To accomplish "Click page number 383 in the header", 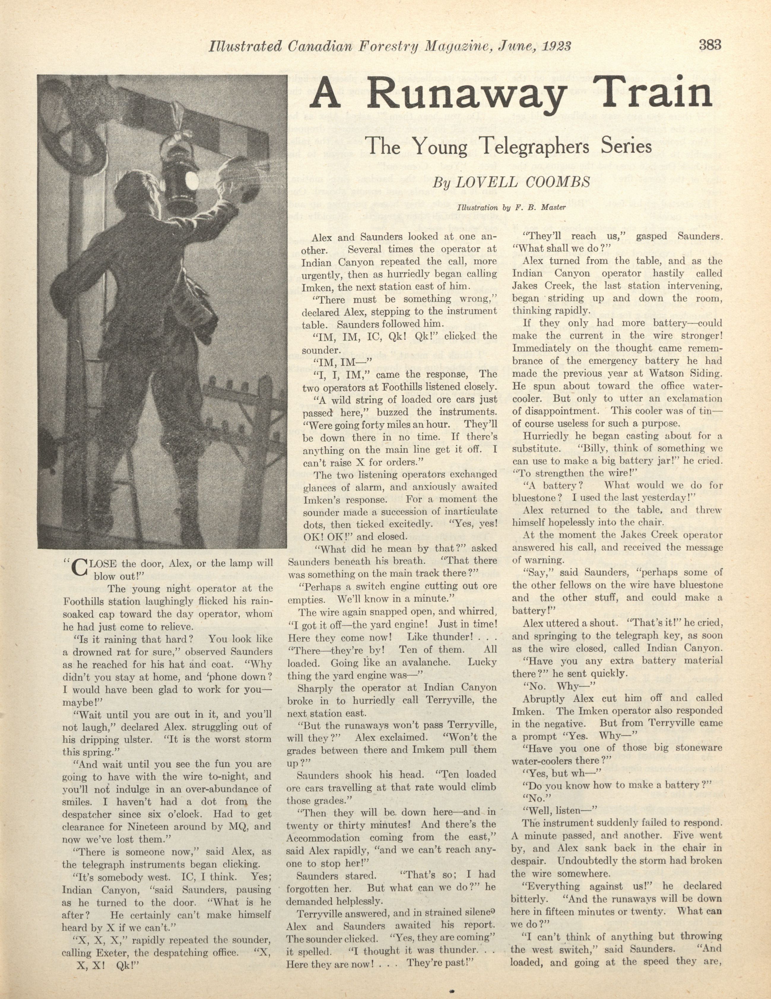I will [710, 45].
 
